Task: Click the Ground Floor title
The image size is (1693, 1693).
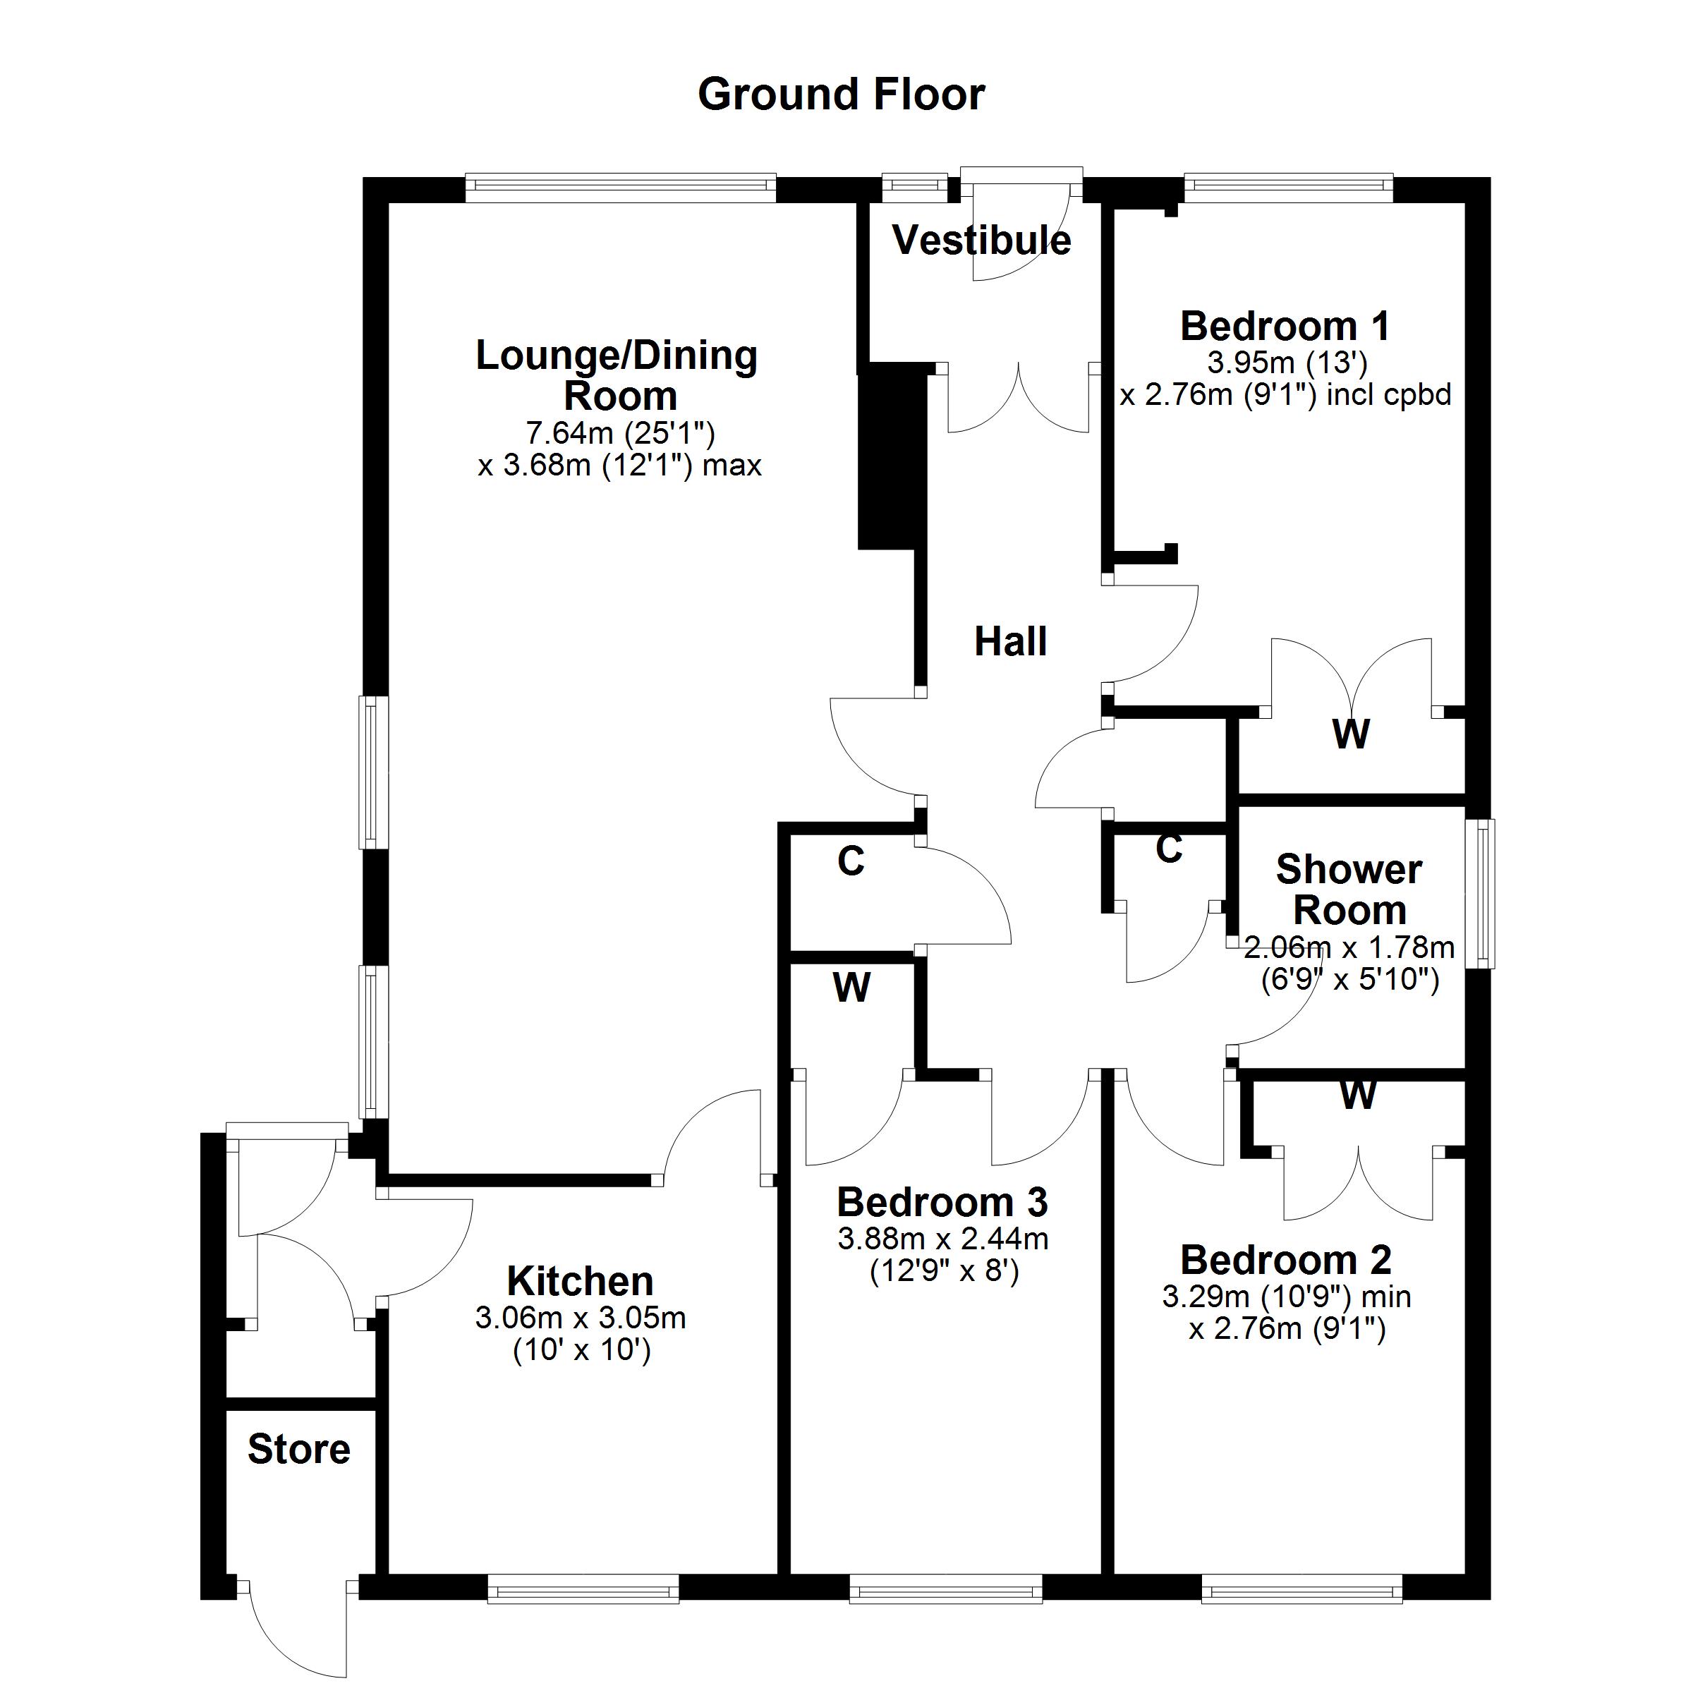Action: tap(842, 95)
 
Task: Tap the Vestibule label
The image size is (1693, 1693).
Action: tap(981, 240)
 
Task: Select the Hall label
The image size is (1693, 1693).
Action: tap(1010, 641)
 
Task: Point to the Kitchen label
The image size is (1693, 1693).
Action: tap(580, 1281)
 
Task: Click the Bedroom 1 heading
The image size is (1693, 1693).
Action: tap(1285, 326)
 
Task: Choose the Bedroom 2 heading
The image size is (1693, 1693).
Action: tap(1285, 1260)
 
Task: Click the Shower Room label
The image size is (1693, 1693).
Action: tap(1349, 890)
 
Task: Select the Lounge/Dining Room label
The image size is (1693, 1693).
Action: tap(618, 375)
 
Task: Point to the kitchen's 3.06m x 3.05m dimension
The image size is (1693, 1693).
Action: tap(580, 1318)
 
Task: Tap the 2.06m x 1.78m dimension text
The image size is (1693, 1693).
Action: tap(1349, 947)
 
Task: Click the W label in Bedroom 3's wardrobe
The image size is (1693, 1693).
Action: tap(851, 988)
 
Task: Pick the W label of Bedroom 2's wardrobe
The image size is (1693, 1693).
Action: tap(1357, 1095)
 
